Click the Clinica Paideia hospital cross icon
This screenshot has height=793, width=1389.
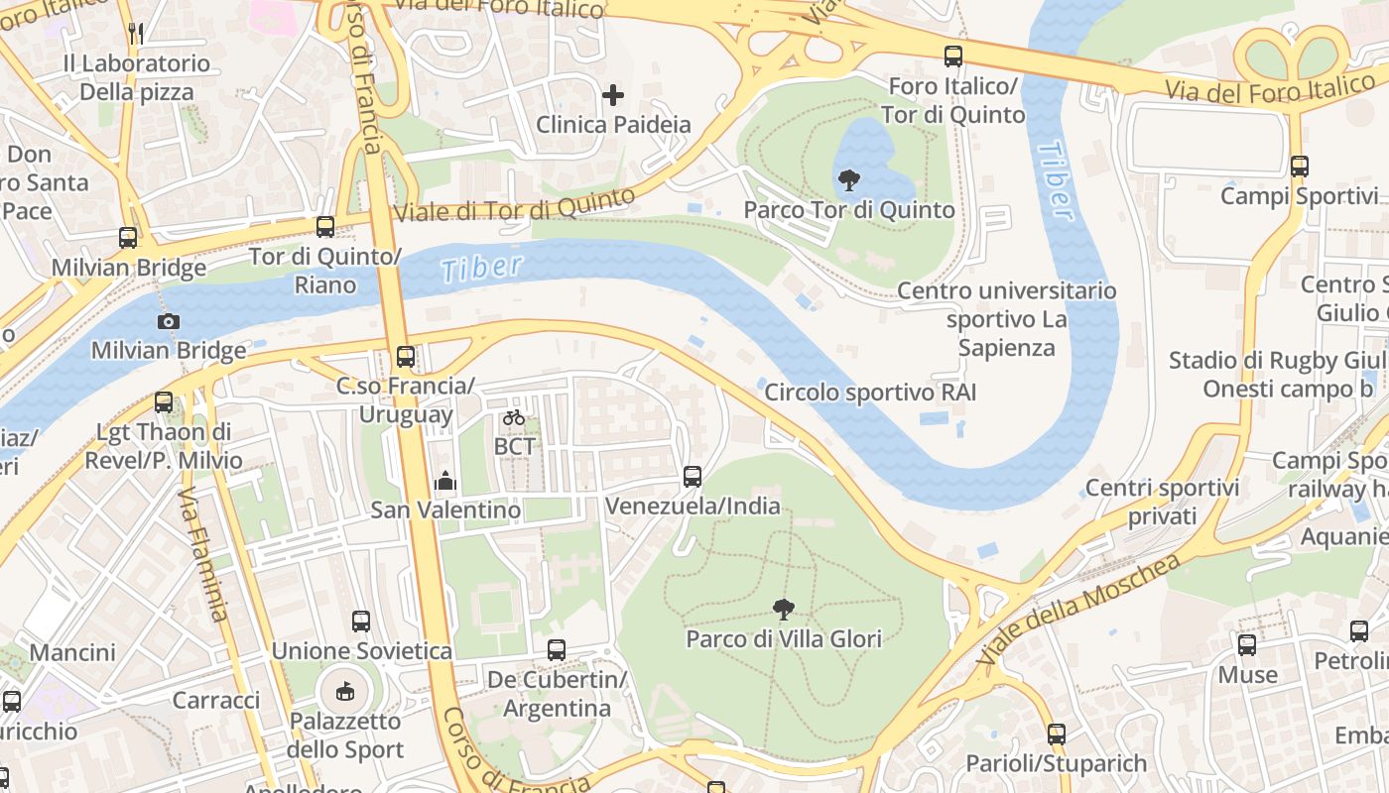613,95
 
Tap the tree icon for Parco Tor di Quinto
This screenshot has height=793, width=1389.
848,180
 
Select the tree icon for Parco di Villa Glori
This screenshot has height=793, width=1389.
783,609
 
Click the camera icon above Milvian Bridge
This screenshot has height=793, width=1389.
169,321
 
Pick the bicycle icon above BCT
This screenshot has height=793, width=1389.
513,417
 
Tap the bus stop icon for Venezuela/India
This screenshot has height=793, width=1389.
693,477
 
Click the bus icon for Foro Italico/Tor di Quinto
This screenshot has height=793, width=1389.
953,57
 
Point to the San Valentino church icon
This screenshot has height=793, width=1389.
445,481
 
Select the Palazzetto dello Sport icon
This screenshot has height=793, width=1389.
345,691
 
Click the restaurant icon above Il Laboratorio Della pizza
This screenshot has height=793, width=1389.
137,34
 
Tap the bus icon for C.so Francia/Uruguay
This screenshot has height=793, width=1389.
405,356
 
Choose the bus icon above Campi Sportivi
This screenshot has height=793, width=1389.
1300,167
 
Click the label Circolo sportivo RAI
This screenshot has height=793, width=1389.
870,393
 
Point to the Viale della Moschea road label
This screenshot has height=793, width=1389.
1079,609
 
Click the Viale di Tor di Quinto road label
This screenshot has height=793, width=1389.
514,205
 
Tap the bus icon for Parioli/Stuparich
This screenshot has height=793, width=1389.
1057,735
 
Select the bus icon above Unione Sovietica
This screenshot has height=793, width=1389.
361,622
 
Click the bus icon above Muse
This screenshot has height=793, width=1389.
1247,645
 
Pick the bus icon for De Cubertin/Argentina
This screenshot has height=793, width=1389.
557,650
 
